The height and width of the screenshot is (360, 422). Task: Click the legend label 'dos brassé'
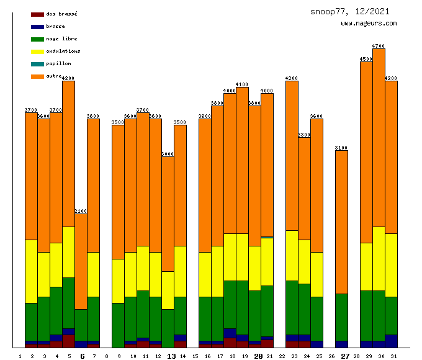tap(61, 14)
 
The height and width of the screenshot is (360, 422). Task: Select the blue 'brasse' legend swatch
tap(37, 27)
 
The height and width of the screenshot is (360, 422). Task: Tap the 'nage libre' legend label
tap(61, 38)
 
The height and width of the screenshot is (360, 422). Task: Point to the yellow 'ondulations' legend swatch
tap(37, 52)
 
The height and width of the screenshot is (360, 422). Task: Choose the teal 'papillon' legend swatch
tap(37, 64)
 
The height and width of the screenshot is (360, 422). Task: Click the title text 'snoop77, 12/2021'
tap(350, 12)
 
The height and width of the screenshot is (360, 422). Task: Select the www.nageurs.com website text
tap(369, 24)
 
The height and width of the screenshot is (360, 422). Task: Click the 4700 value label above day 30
tap(379, 46)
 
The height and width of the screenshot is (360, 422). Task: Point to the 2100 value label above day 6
tap(81, 211)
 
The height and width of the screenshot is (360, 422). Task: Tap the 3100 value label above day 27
tap(341, 148)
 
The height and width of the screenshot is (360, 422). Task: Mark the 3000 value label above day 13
tap(168, 154)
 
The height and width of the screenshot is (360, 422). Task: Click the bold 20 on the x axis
tap(258, 356)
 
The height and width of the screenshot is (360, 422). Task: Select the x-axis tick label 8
tap(107, 356)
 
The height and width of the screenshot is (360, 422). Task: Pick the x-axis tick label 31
tap(393, 356)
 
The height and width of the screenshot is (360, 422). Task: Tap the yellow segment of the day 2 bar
tap(31, 271)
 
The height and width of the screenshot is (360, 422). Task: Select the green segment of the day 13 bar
tap(168, 328)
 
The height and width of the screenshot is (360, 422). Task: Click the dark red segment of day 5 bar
tap(68, 341)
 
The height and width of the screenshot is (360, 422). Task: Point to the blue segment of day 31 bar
tap(391, 341)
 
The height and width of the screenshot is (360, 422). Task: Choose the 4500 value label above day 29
tap(366, 59)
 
